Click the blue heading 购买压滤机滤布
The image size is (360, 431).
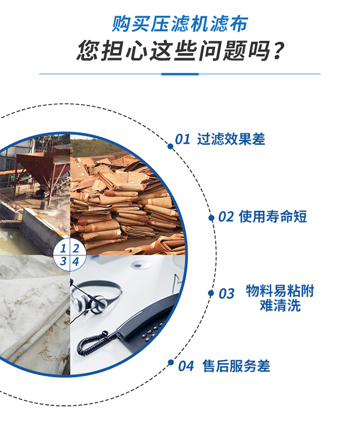[180, 23]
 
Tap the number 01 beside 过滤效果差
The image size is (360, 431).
[183, 140]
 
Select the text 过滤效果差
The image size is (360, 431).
[231, 139]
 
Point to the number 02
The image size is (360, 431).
[226, 217]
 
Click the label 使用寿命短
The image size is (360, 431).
[273, 216]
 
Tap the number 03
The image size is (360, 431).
[227, 294]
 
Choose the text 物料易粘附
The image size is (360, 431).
[280, 290]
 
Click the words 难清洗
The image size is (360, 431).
[280, 305]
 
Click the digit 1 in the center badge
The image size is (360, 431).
[63, 249]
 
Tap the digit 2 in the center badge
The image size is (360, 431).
[75, 249]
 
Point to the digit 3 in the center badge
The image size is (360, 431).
[63, 262]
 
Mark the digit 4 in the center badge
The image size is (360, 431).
[75, 262]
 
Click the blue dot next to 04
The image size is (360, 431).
[170, 362]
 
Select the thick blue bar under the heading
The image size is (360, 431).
[180, 74]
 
